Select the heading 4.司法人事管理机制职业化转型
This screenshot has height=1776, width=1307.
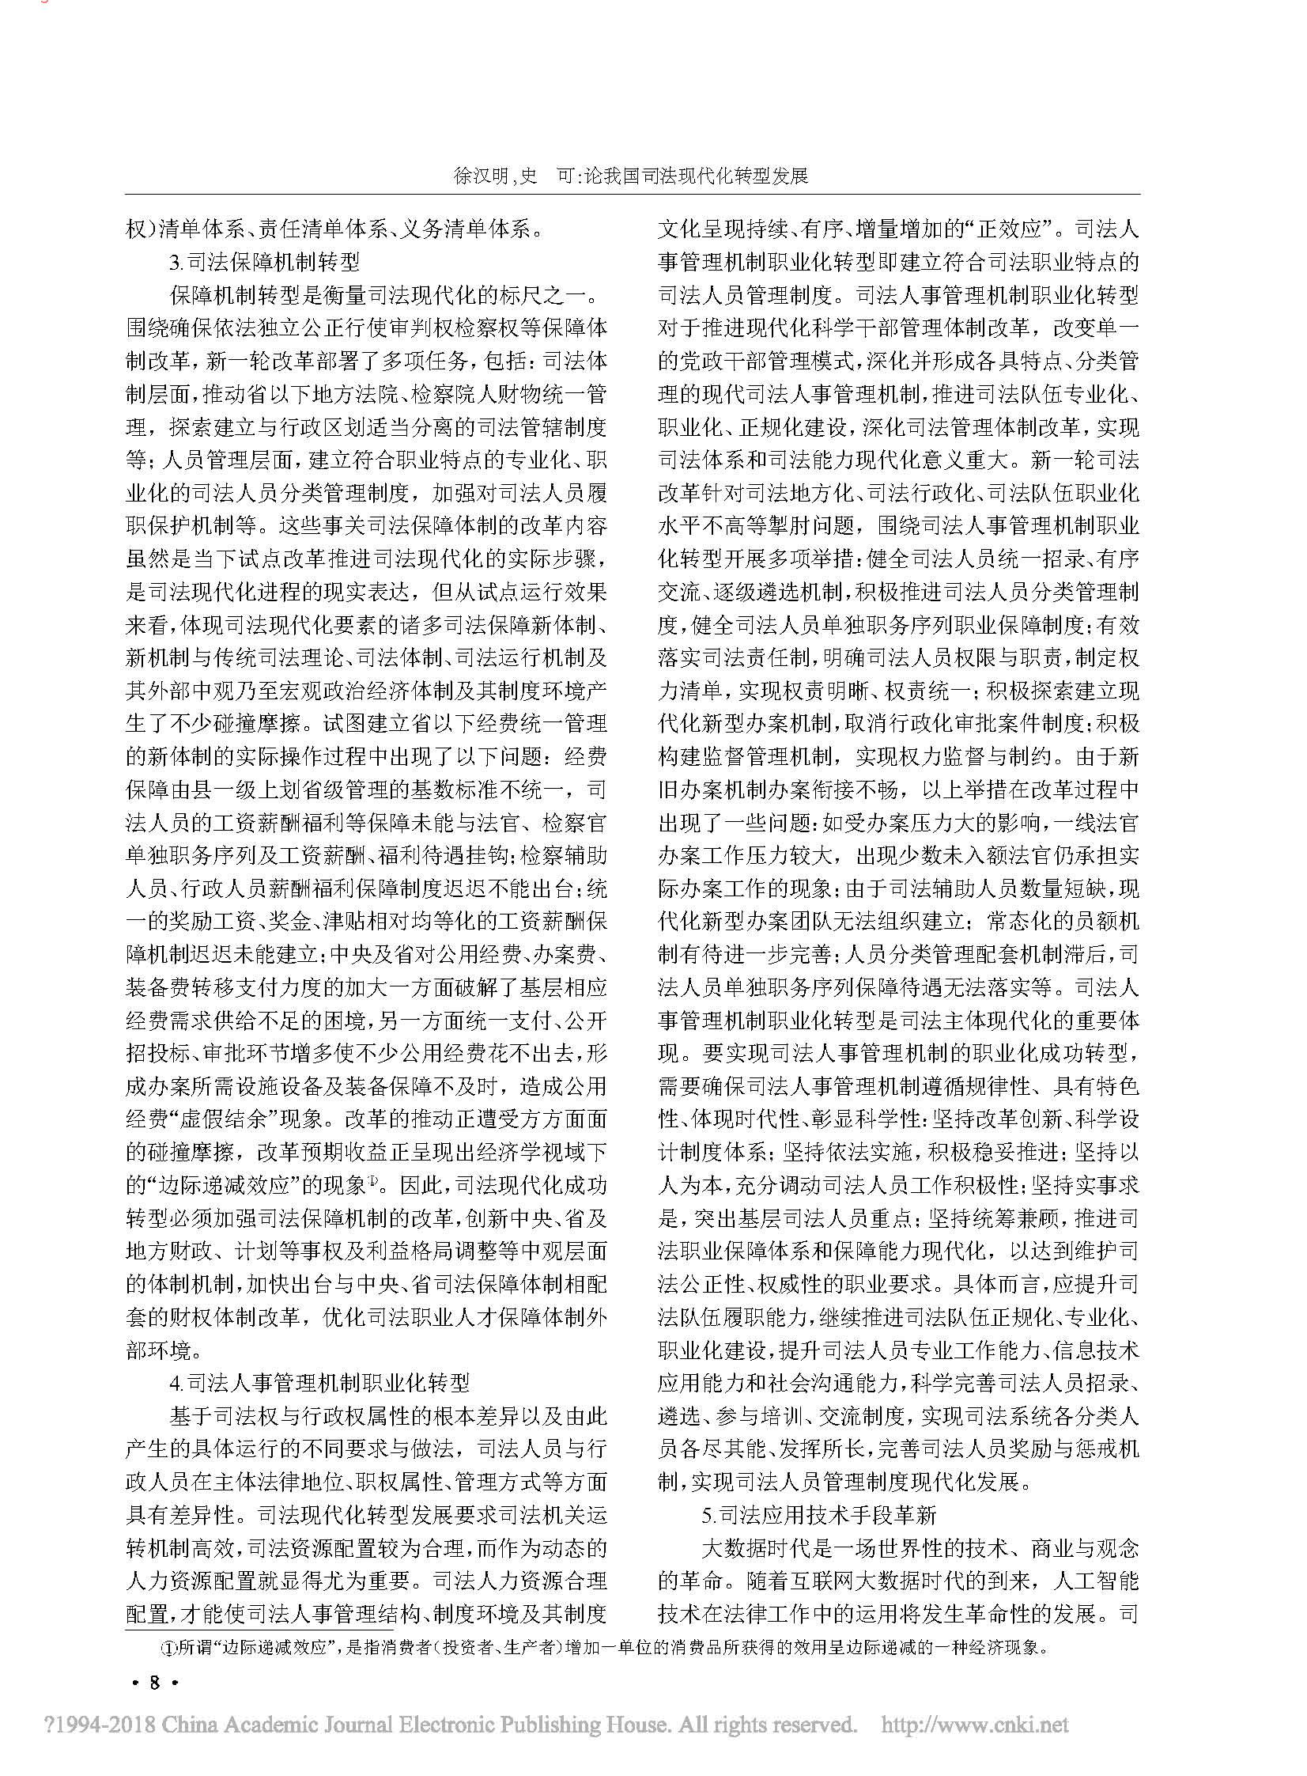319,1383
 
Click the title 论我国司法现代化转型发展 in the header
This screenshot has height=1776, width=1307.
697,176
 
